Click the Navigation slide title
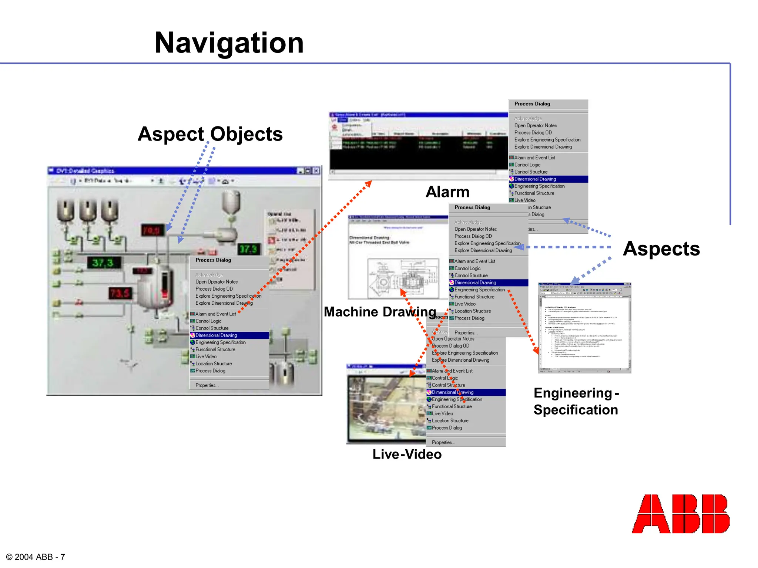(x=229, y=43)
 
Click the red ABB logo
(x=680, y=514)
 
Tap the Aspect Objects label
(x=210, y=134)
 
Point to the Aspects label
(x=661, y=248)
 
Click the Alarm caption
(x=447, y=192)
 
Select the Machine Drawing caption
(x=380, y=312)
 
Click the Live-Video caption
(x=407, y=454)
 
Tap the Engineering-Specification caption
(x=576, y=401)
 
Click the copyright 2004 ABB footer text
(x=36, y=557)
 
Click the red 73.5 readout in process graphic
(x=120, y=294)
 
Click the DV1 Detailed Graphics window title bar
(x=174, y=171)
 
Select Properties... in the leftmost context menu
(x=207, y=385)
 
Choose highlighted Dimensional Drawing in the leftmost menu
(x=216, y=335)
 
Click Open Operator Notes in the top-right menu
(x=535, y=126)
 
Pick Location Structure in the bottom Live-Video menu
(x=450, y=421)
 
